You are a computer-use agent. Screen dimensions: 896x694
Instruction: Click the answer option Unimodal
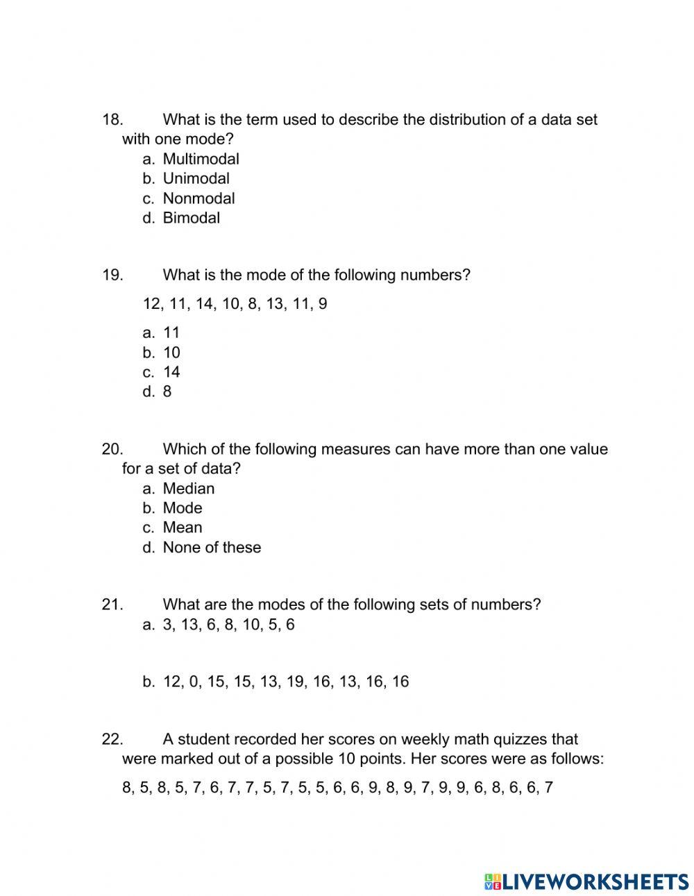[196, 178]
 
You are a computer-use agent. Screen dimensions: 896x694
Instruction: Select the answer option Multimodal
[201, 159]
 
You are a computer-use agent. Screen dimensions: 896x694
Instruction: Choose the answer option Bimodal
[191, 218]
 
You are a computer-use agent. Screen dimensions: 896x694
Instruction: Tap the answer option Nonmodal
[198, 198]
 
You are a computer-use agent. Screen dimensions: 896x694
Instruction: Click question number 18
[112, 119]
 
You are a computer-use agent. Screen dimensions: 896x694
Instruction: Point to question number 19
[112, 275]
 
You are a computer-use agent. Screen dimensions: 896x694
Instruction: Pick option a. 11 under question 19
[171, 332]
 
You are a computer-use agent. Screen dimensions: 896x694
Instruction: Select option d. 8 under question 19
[167, 391]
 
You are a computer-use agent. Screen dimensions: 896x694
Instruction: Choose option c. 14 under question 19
[171, 372]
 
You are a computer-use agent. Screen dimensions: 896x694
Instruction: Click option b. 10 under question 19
[171, 353]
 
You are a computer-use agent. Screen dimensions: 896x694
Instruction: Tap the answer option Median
[188, 489]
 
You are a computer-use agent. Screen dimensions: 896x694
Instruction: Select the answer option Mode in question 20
[182, 508]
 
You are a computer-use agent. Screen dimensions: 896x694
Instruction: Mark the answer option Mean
[182, 527]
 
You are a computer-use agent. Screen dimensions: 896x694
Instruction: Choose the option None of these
[212, 548]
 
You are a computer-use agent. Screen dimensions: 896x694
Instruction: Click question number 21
[112, 605]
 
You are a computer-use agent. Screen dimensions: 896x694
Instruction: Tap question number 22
[112, 739]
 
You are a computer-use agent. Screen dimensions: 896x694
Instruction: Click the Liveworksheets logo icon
[493, 881]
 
